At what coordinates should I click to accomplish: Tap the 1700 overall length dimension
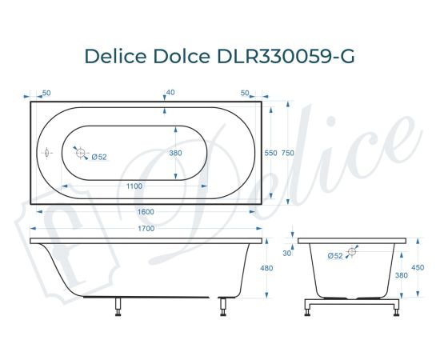point(146,229)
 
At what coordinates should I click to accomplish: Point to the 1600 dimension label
point(146,211)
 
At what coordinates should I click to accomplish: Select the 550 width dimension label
point(270,152)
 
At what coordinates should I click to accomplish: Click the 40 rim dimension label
point(170,93)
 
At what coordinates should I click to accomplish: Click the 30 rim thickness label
point(286,253)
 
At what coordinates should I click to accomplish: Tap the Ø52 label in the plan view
point(99,156)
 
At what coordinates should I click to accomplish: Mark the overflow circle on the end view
point(350,251)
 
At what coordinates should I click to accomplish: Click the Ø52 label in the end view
point(335,254)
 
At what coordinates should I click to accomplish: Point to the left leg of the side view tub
point(118,306)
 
